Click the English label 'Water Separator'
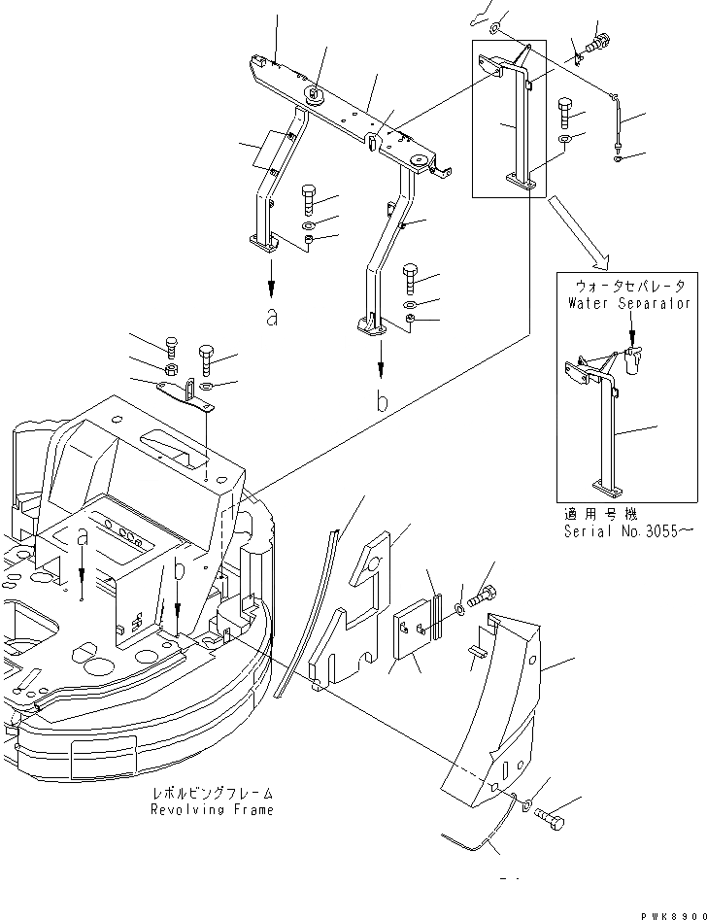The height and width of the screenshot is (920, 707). [627, 303]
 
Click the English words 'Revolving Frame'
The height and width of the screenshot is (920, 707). [212, 809]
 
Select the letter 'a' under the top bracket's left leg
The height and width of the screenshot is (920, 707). [271, 317]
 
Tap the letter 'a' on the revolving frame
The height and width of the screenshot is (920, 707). [83, 536]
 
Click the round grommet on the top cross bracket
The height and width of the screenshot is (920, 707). [316, 94]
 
